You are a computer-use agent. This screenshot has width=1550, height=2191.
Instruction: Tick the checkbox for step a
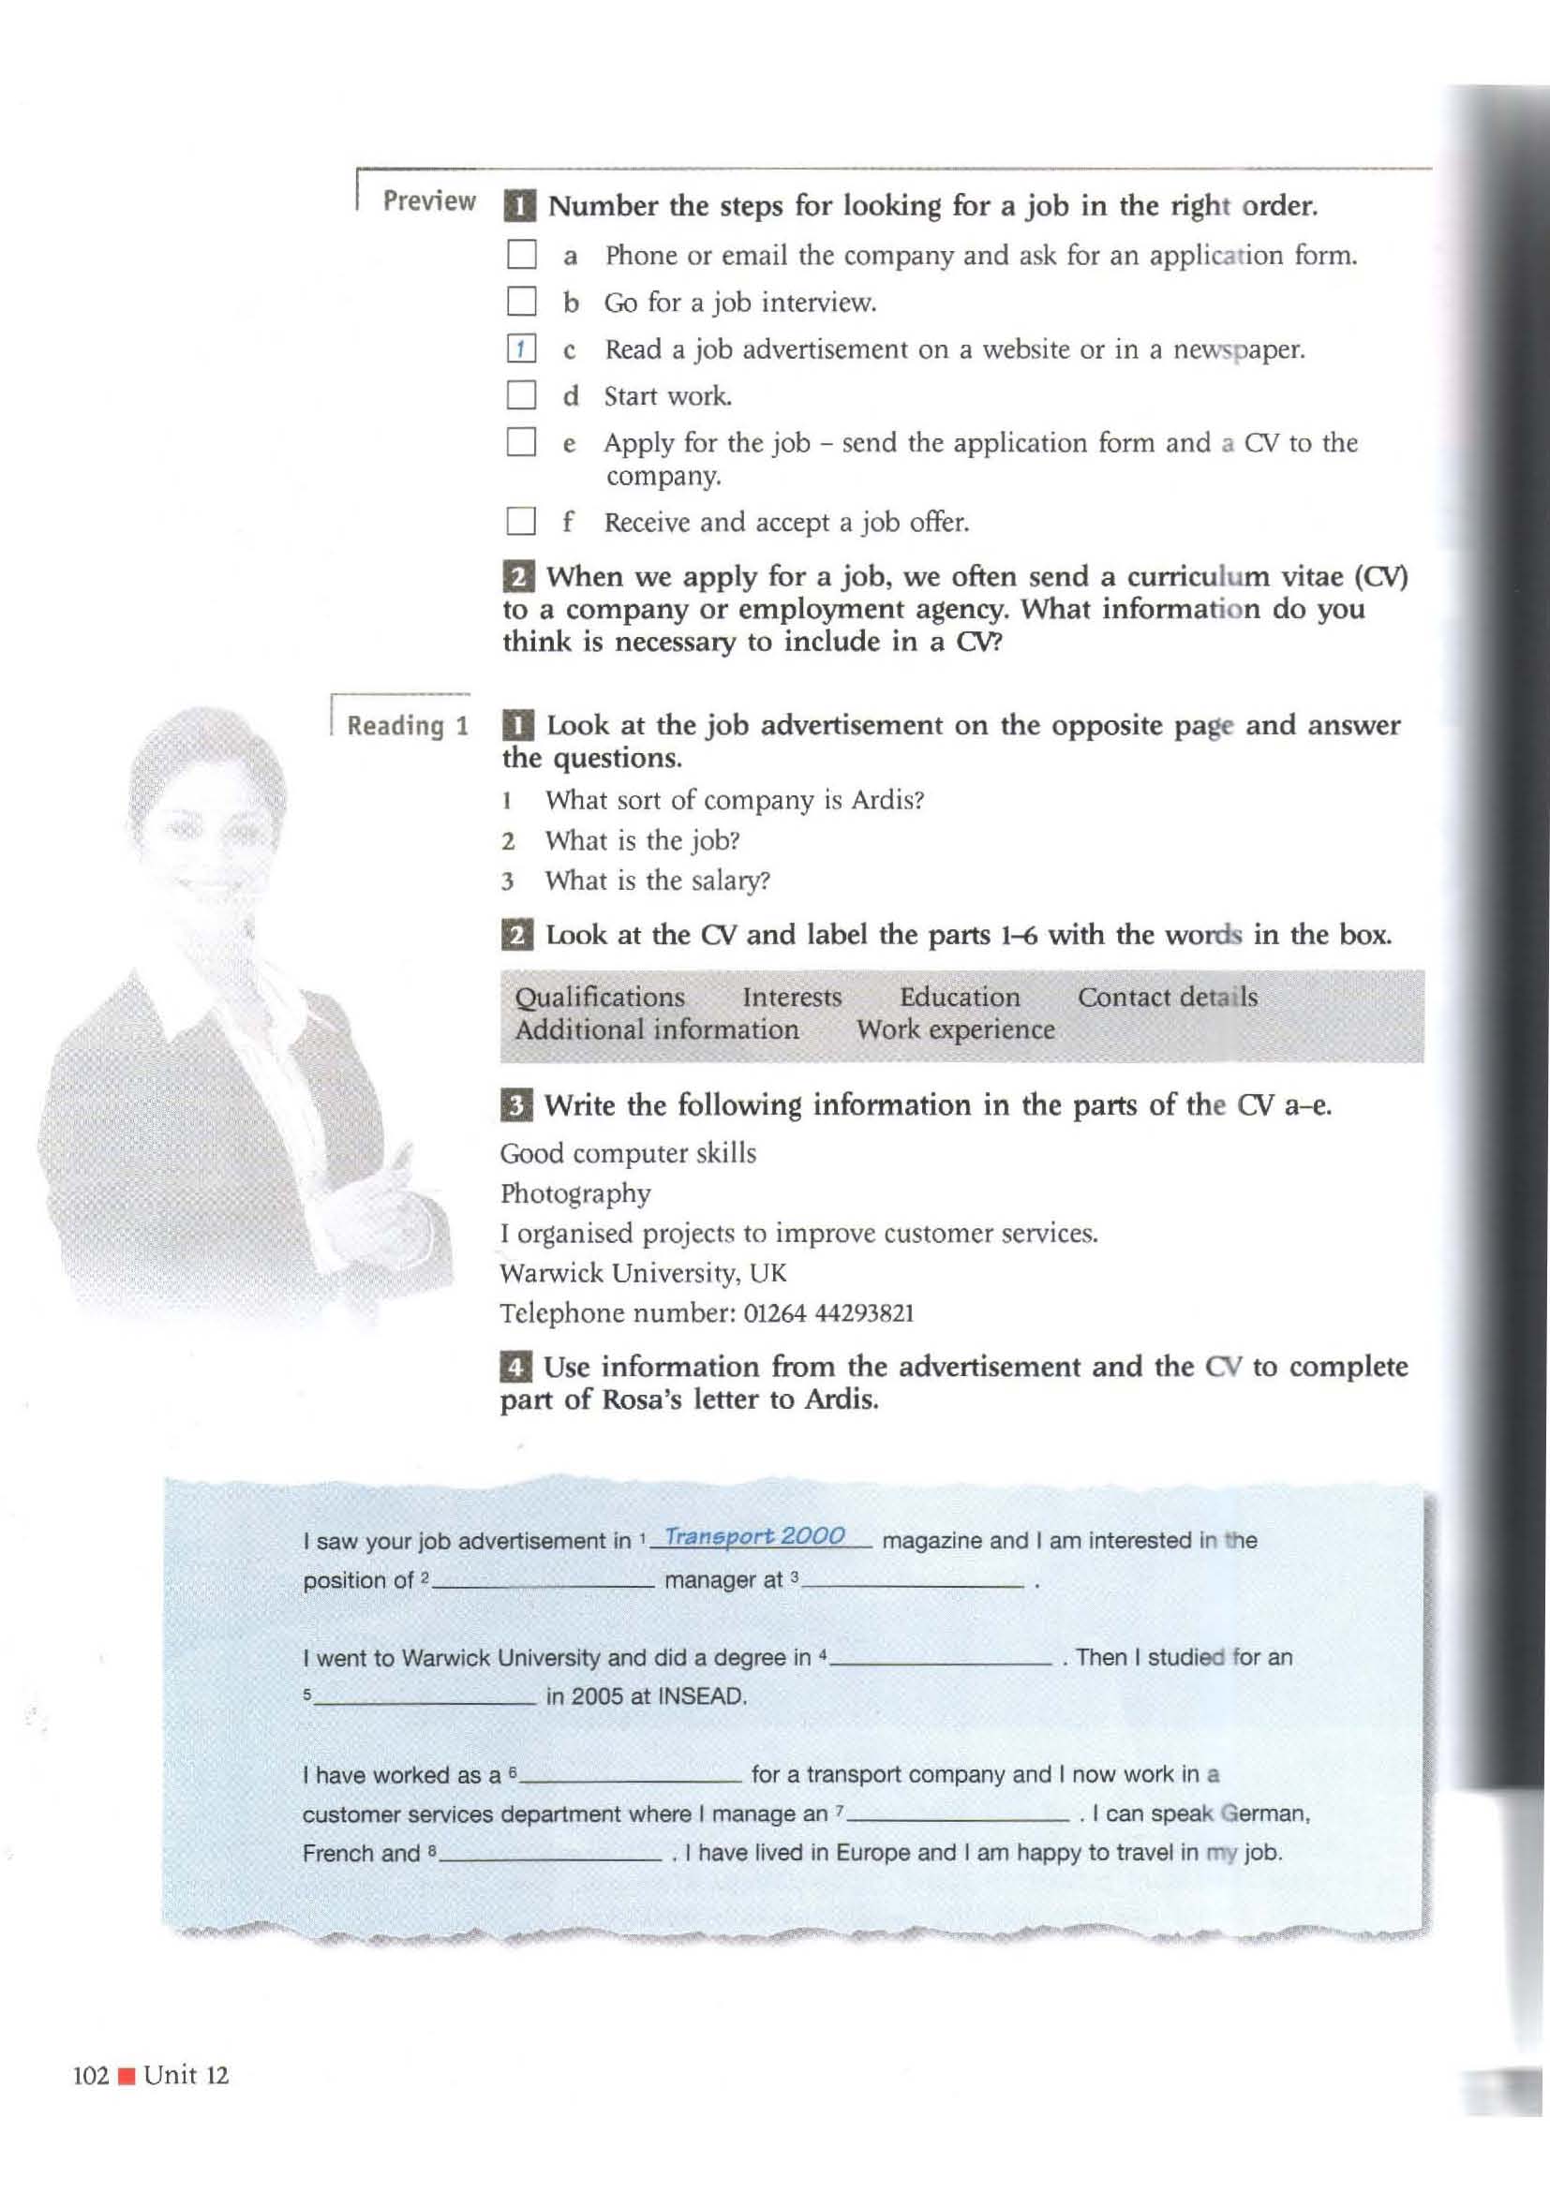click(x=521, y=255)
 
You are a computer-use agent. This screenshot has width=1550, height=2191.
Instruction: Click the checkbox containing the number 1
click(x=521, y=349)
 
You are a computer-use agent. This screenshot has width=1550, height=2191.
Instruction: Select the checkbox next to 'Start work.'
click(x=521, y=395)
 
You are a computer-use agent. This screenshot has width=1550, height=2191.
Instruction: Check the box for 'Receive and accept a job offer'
click(x=521, y=521)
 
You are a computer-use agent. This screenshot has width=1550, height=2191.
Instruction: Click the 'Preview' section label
click(x=428, y=201)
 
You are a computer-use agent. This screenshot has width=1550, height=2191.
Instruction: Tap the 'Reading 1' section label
click(x=408, y=726)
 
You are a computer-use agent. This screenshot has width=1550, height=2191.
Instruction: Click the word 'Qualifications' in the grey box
click(x=600, y=998)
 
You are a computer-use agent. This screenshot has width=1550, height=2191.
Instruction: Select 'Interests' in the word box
click(x=791, y=998)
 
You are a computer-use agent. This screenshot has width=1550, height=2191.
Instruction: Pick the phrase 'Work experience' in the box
click(x=955, y=1029)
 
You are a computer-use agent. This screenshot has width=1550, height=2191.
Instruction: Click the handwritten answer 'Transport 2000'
click(x=754, y=1535)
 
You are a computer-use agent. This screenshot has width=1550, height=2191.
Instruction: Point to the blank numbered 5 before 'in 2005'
click(x=425, y=1696)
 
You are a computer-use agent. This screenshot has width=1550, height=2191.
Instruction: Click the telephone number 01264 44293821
click(x=828, y=1314)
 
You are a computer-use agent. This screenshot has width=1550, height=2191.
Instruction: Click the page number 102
click(x=92, y=2076)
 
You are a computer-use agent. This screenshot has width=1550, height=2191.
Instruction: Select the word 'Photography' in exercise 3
click(x=575, y=1193)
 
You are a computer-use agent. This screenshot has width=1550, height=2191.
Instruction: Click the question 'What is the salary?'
click(x=657, y=881)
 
